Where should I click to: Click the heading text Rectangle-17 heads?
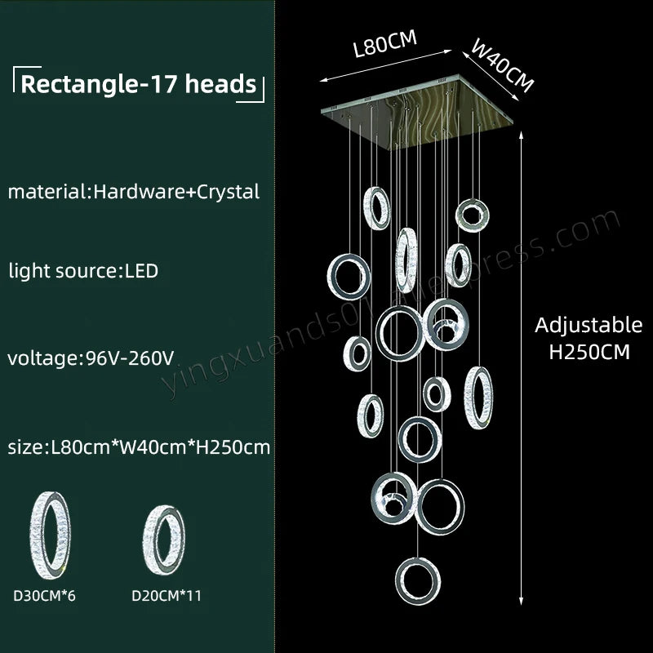(138, 84)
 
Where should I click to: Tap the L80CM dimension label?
(380, 42)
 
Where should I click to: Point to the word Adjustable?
(589, 325)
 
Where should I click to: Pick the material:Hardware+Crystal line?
(134, 192)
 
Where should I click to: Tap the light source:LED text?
(83, 270)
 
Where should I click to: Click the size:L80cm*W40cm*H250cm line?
(140, 446)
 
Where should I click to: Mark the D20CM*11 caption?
(167, 596)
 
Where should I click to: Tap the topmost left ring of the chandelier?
(376, 209)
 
